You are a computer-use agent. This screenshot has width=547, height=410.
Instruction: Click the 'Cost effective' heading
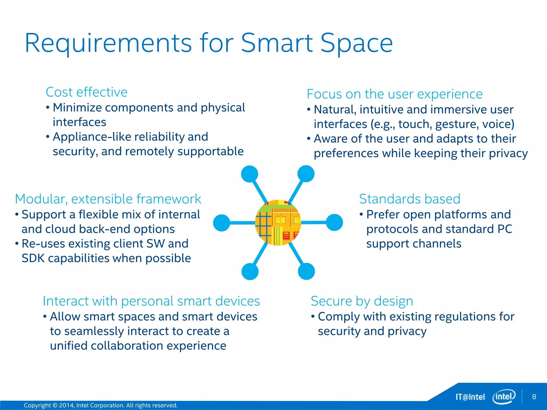pyautogui.click(x=87, y=92)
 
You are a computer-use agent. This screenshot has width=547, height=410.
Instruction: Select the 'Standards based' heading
pyautogui.click(x=410, y=199)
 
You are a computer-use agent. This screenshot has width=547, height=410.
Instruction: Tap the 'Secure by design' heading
pyautogui.click(x=362, y=301)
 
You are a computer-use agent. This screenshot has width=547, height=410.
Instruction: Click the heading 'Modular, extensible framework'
pyautogui.click(x=108, y=199)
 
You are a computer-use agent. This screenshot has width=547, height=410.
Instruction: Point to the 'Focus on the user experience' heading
pyautogui.click(x=394, y=94)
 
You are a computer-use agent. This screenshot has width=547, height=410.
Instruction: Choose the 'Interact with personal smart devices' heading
pyautogui.click(x=151, y=301)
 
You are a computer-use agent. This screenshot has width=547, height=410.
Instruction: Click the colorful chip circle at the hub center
pyautogui.click(x=278, y=223)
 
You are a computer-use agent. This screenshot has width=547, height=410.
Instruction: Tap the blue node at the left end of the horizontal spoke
pyautogui.click(x=222, y=223)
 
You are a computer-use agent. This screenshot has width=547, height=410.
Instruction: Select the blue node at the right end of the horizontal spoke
pyautogui.click(x=334, y=222)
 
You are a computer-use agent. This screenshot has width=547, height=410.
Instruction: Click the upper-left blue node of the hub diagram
pyautogui.click(x=249, y=174)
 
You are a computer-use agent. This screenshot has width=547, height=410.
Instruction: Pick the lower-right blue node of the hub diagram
pyautogui.click(x=306, y=271)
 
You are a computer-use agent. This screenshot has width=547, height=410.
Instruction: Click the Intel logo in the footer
pyautogui.click(x=504, y=397)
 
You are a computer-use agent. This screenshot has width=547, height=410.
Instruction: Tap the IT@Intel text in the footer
pyautogui.click(x=470, y=397)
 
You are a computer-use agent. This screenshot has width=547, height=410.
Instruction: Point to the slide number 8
pyautogui.click(x=534, y=397)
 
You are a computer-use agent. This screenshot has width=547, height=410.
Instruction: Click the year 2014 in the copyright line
pyautogui.click(x=67, y=405)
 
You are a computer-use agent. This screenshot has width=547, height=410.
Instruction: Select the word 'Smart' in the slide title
pyautogui.click(x=277, y=43)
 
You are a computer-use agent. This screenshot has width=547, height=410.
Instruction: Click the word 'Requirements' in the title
pyautogui.click(x=108, y=43)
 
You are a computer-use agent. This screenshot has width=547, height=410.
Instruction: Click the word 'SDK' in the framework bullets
pyautogui.click(x=33, y=258)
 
